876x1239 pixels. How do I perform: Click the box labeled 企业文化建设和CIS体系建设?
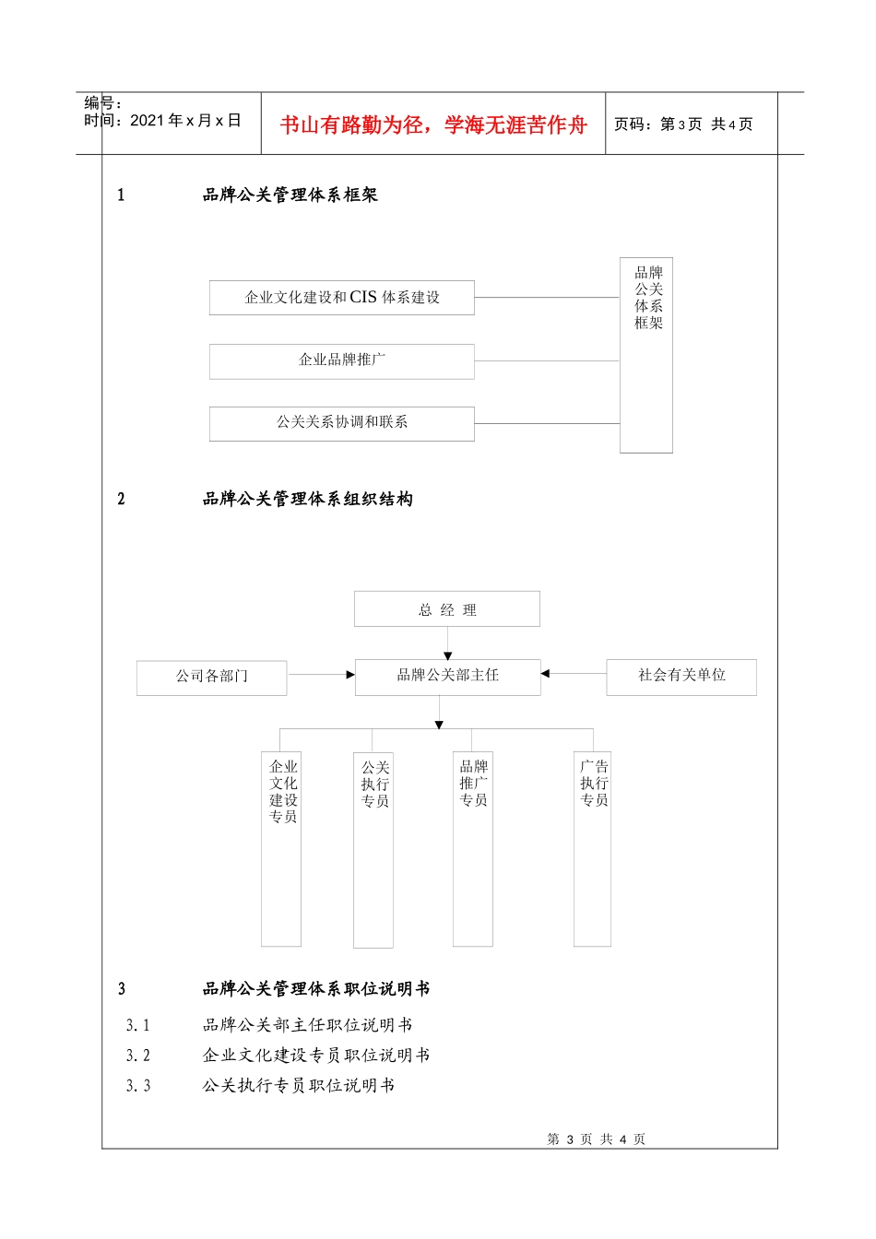(x=342, y=298)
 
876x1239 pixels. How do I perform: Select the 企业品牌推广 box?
(x=342, y=360)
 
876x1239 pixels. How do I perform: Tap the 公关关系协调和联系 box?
(x=342, y=423)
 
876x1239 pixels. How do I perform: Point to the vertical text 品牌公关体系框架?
(x=648, y=298)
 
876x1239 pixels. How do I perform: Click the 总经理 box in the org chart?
(x=447, y=609)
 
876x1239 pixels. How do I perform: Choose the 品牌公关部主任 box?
(x=447, y=676)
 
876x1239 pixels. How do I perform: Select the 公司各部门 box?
(x=212, y=677)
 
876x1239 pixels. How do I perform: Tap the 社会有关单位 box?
(x=681, y=676)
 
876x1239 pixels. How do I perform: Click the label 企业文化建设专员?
(x=283, y=792)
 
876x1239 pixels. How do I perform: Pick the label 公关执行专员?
(x=374, y=785)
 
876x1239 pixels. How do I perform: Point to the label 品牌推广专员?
(x=473, y=784)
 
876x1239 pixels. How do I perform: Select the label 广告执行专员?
(x=594, y=784)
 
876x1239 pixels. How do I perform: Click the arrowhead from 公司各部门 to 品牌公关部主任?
(x=350, y=675)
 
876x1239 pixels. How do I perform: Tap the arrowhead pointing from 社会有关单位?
(x=545, y=674)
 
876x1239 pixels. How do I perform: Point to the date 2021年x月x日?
(x=185, y=121)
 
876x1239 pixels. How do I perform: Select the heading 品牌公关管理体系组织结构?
(x=307, y=500)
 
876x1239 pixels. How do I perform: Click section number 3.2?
(x=138, y=1056)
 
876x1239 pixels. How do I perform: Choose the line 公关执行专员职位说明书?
(x=299, y=1086)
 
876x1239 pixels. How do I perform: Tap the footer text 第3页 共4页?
(x=597, y=1139)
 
